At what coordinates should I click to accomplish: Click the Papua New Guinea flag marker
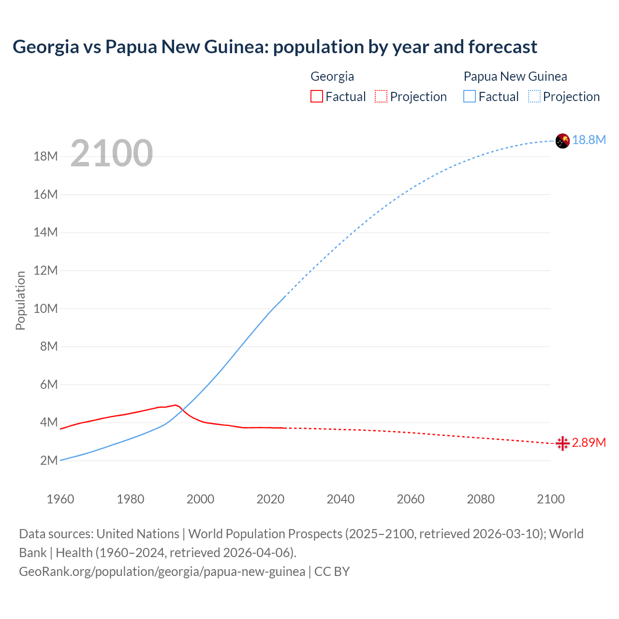coord(562,141)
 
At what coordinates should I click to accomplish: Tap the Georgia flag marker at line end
coord(562,443)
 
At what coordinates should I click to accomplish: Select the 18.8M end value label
coord(589,140)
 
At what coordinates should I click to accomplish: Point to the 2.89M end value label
coord(589,443)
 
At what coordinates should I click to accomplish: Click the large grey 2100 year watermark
coord(112,153)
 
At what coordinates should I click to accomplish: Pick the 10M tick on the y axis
coord(45,309)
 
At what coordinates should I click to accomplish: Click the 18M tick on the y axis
coord(45,157)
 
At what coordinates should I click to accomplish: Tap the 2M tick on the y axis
coord(48,460)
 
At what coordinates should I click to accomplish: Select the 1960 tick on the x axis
coord(60,499)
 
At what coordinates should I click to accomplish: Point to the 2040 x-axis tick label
coord(340,499)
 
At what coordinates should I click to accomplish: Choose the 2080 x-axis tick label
coord(481,499)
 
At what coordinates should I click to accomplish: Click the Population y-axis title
coord(20,300)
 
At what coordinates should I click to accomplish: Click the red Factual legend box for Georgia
coord(316,97)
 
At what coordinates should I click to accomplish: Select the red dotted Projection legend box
coord(381,97)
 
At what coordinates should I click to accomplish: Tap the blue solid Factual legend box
coord(470,97)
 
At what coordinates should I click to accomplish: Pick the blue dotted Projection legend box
coord(534,97)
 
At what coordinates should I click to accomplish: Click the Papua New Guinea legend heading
coord(515,76)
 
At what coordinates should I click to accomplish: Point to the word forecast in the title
coord(502,47)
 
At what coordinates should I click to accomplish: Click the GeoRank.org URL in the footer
coord(162,572)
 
